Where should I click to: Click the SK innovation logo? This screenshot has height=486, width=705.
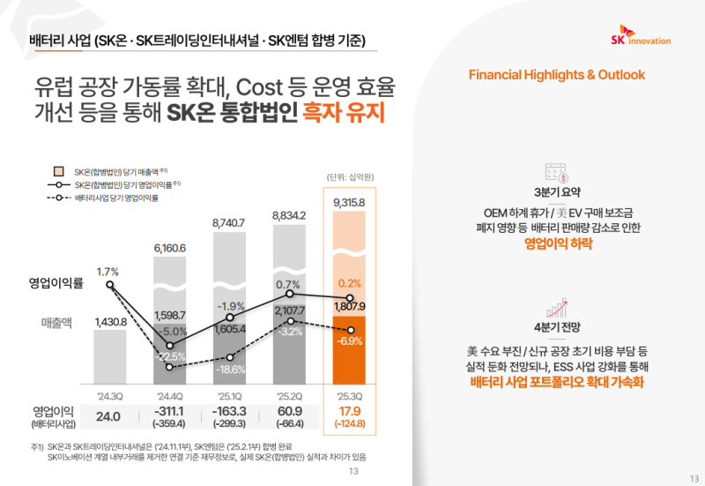[x=640, y=40]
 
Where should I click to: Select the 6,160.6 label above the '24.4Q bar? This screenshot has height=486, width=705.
[x=170, y=248]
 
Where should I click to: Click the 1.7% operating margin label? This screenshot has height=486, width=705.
[x=108, y=271]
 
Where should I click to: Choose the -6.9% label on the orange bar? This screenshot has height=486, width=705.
[x=351, y=340]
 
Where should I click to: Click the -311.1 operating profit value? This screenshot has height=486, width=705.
[x=170, y=411]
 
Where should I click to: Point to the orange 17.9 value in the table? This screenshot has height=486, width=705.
[x=349, y=411]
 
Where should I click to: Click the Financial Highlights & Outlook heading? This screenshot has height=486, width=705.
[x=557, y=74]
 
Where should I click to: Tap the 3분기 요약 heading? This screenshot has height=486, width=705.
[x=557, y=193]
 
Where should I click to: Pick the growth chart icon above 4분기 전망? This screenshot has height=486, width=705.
[x=557, y=308]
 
